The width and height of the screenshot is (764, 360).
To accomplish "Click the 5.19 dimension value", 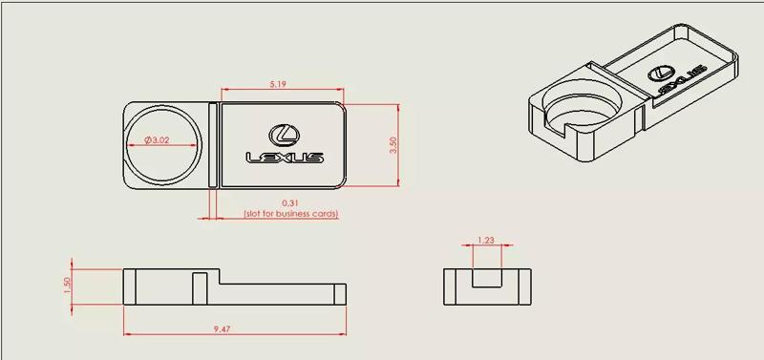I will pyautogui.click(x=279, y=85).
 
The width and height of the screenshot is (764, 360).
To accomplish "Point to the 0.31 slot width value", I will pyautogui.click(x=290, y=203).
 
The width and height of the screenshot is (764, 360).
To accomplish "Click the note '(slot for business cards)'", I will pyautogui.click(x=290, y=214).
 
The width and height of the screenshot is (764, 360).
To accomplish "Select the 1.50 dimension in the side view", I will pyautogui.click(x=67, y=286).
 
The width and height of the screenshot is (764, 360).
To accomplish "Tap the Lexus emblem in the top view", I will pyautogui.click(x=284, y=135).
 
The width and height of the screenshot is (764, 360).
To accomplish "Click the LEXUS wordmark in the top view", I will pyautogui.click(x=285, y=158).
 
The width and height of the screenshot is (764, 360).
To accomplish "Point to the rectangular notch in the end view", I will pyautogui.click(x=488, y=279).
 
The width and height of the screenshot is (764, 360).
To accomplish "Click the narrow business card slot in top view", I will pyautogui.click(x=213, y=142).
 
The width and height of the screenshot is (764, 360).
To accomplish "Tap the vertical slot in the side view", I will pyautogui.click(x=200, y=286).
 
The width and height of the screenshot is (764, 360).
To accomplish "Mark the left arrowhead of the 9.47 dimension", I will pyautogui.click(x=127, y=335).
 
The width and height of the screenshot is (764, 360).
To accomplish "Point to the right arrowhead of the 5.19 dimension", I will pyautogui.click(x=340, y=91).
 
